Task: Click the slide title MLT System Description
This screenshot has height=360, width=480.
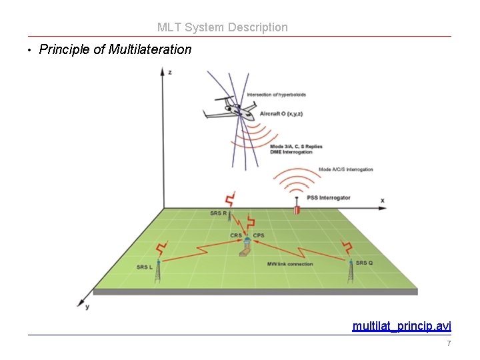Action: click(x=223, y=27)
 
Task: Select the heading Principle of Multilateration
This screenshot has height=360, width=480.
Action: click(x=115, y=49)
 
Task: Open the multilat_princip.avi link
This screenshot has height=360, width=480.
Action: click(x=401, y=326)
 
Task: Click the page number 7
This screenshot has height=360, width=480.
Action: click(x=449, y=343)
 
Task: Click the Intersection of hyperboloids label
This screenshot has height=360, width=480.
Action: click(x=276, y=95)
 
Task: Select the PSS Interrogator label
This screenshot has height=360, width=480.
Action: click(x=329, y=198)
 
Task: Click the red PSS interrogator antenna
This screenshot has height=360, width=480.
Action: click(x=297, y=209)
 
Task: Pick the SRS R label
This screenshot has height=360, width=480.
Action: click(x=218, y=213)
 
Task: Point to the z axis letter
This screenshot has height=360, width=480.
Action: click(x=169, y=71)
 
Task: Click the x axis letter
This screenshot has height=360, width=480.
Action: click(x=383, y=200)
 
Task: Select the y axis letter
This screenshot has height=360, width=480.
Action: click(x=87, y=307)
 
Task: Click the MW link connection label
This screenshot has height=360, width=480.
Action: click(x=290, y=264)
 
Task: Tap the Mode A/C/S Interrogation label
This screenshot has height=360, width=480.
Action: click(x=346, y=169)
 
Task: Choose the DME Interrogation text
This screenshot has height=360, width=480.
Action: click(x=291, y=152)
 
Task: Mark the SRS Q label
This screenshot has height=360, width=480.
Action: click(x=364, y=263)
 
